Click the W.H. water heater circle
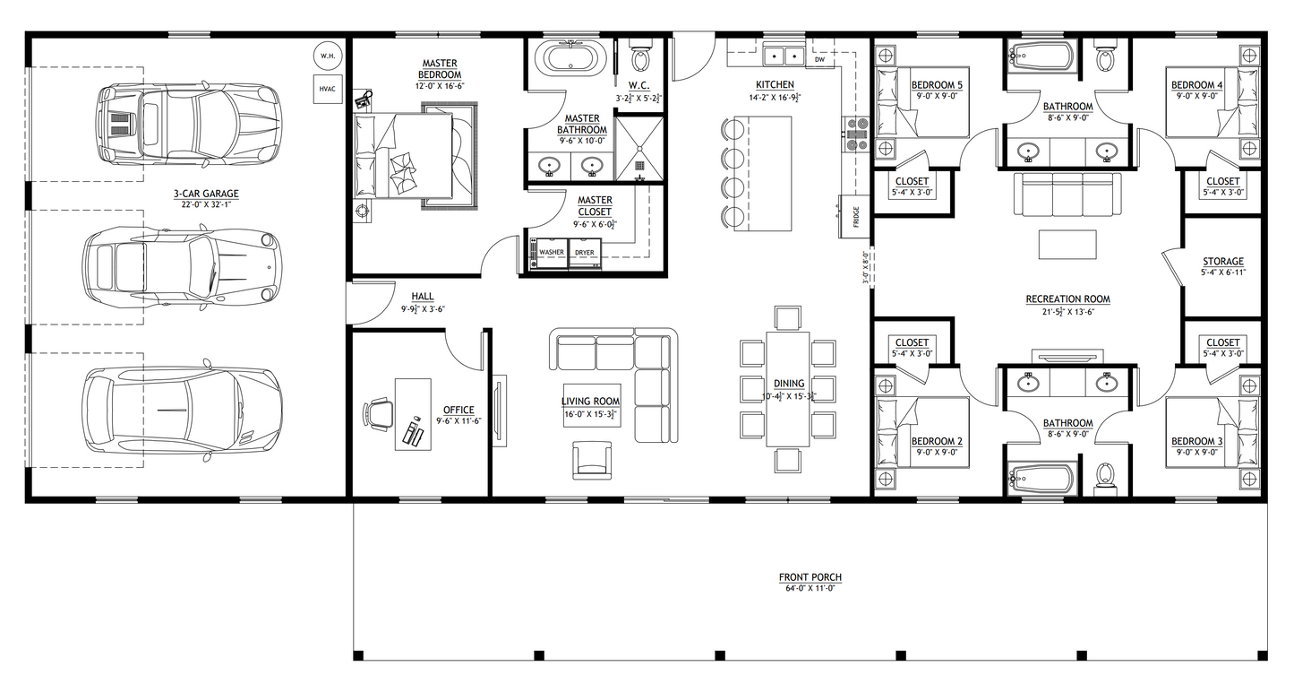[x=324, y=56]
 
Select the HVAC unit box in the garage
[x=326, y=89]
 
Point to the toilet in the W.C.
[x=640, y=57]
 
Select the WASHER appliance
[x=551, y=253]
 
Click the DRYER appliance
[x=585, y=253]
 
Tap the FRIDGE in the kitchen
[x=854, y=216]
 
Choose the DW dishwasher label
[x=819, y=61]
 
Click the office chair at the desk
[x=379, y=414]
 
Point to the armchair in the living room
[x=593, y=460]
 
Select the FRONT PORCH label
[x=810, y=577]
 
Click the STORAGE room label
[x=1222, y=261]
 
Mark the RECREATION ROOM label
[x=1067, y=298]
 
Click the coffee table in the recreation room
[x=1067, y=243]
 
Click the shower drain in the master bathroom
[x=640, y=165]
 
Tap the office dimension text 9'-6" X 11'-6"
[x=458, y=420]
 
